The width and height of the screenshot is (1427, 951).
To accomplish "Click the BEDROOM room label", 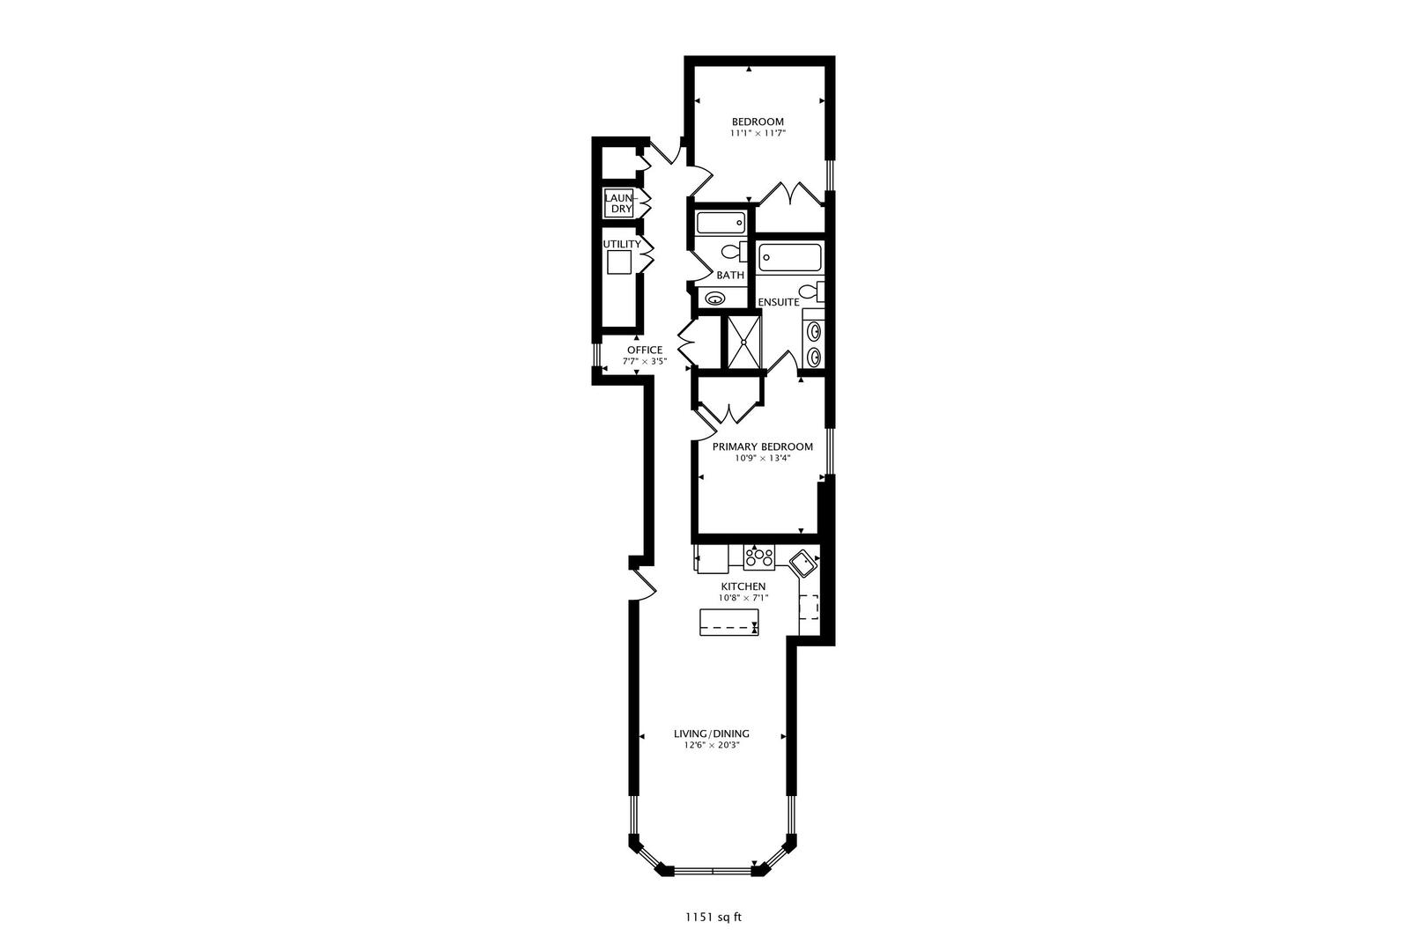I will tap(758, 122).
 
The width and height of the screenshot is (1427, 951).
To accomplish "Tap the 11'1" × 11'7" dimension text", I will tap(758, 134).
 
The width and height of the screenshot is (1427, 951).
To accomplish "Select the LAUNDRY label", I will tap(618, 203).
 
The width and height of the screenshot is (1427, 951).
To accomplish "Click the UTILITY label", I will tap(621, 244).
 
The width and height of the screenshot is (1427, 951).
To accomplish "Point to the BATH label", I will tap(730, 275).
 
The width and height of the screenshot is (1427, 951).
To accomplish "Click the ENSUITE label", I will tap(779, 302).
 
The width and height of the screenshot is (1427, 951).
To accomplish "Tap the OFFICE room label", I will tap(645, 350).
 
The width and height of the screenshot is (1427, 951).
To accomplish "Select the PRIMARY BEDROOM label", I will tap(763, 446).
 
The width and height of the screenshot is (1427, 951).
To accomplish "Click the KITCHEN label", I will tap(743, 586).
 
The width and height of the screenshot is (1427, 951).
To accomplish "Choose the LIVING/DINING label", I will tap(712, 734).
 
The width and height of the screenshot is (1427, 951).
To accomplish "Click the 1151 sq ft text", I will tap(713, 917).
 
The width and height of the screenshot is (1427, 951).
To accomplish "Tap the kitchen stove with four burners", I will tap(758, 557).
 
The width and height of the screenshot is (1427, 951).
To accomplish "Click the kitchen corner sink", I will tap(802, 561).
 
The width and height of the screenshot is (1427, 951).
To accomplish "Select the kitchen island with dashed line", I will tap(728, 622).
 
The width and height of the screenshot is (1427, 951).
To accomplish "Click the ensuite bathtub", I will tap(790, 258).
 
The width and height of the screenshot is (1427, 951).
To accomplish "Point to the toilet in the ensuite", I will tap(810, 291).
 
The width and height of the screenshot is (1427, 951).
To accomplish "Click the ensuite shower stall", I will tap(743, 342).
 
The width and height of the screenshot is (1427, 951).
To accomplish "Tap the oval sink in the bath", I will tap(713, 299).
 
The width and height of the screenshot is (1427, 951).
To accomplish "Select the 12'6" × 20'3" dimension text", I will tap(712, 745).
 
